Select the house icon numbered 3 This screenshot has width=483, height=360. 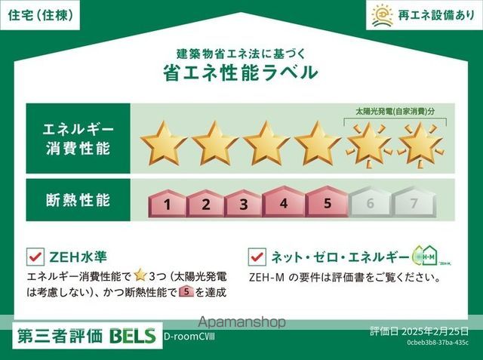click(x=243, y=202)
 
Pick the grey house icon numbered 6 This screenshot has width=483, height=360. click(x=370, y=202)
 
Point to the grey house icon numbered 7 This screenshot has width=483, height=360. click(x=413, y=202)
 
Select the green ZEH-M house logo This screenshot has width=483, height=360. click(x=425, y=255)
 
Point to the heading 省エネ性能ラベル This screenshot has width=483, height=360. click(x=241, y=72)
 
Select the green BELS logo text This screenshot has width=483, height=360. click(x=134, y=335)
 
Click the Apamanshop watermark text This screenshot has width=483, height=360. click(x=241, y=322)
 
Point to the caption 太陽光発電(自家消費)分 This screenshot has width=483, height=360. click(x=396, y=111)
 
